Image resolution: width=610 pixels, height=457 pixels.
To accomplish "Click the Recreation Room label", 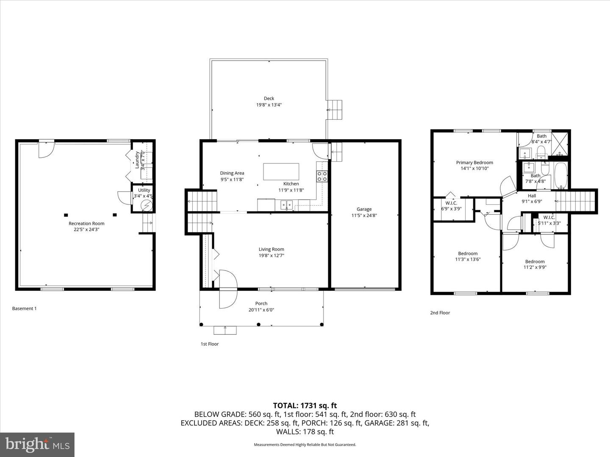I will click(86, 223).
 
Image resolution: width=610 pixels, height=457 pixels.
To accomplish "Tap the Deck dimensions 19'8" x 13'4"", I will click(269, 105).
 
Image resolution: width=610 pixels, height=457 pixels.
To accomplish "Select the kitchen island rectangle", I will click(281, 172).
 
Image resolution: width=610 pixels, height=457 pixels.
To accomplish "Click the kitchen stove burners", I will click(322, 176).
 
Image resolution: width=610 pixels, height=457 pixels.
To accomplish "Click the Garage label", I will click(364, 209).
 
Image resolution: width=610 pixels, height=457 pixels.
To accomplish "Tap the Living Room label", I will click(271, 249).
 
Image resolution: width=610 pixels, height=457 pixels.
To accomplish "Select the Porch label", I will click(261, 303).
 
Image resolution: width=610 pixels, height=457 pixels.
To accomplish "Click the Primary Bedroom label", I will click(474, 162).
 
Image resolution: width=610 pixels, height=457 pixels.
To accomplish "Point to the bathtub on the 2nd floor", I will click(561, 176).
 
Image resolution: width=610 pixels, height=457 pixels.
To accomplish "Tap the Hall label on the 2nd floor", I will click(532, 196).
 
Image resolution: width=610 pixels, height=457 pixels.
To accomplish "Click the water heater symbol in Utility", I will click(146, 206).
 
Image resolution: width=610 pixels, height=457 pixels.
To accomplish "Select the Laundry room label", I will click(137, 160).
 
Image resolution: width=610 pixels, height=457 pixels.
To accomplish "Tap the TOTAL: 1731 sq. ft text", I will click(305, 406).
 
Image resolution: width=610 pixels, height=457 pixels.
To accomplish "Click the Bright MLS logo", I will click(37, 444).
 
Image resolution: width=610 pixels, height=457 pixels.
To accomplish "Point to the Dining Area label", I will click(232, 173).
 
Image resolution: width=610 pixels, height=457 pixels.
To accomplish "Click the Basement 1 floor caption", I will click(24, 308).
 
